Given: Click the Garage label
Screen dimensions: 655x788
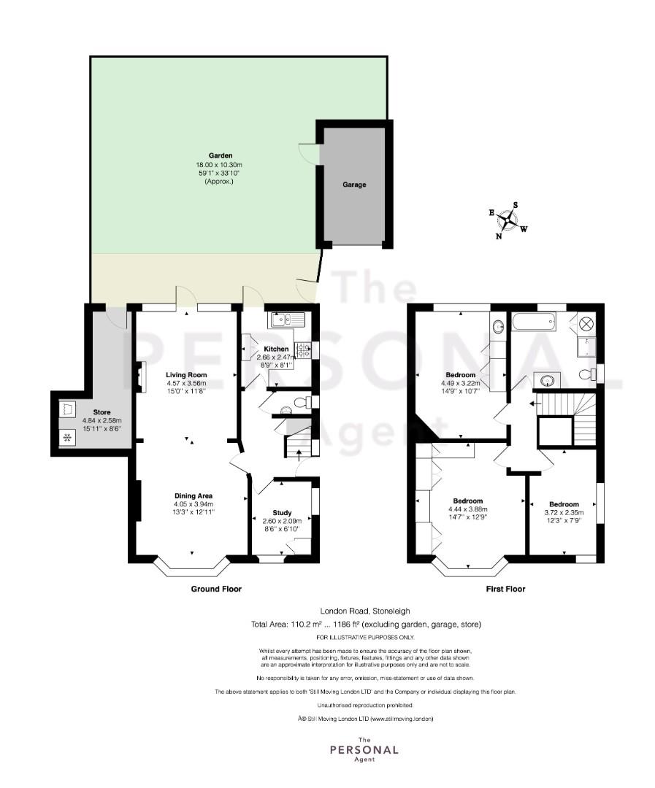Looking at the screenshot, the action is pyautogui.click(x=354, y=185).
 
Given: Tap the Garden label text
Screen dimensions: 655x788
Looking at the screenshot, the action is pyautogui.click(x=221, y=156).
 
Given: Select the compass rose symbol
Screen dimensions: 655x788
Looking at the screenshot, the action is pyautogui.click(x=509, y=220).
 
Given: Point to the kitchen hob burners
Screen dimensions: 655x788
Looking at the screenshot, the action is pyautogui.click(x=303, y=349).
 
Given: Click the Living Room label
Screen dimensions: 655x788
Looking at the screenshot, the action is pyautogui.click(x=186, y=375).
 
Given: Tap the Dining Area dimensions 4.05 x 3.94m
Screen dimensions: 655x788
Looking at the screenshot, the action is pyautogui.click(x=194, y=504).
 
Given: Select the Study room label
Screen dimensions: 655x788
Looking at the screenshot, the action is pyautogui.click(x=282, y=513).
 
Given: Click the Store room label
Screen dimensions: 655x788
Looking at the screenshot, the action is pyautogui.click(x=101, y=412).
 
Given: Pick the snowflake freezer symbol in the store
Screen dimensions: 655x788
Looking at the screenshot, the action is pyautogui.click(x=66, y=439).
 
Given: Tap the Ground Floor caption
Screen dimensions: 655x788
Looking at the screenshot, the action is pyautogui.click(x=216, y=589).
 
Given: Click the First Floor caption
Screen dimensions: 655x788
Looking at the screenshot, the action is pyautogui.click(x=505, y=589).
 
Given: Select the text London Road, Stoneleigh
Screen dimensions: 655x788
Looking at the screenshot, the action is pyautogui.click(x=365, y=611).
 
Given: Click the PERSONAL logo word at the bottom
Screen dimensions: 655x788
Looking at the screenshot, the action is pyautogui.click(x=364, y=750).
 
